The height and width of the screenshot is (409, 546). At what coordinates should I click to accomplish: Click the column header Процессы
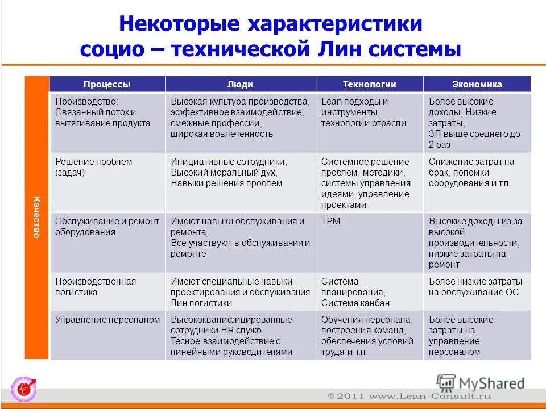(x=107, y=84)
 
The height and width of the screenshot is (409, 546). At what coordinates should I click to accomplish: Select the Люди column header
(x=240, y=84)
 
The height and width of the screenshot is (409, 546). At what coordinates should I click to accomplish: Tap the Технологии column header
(x=369, y=84)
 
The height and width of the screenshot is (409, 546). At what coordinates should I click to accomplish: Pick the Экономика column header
(x=477, y=84)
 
